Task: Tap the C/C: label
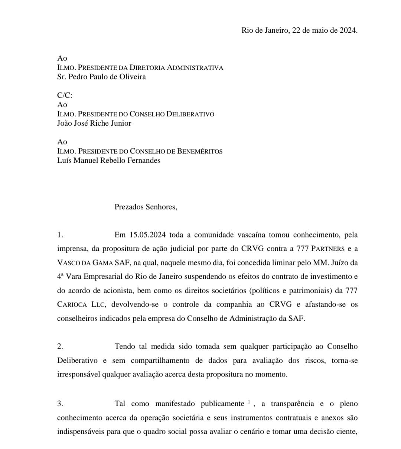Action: pos(65,96)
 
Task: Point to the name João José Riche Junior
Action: pos(94,123)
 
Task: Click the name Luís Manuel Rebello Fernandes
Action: pos(109,161)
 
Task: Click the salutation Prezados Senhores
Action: pos(146,207)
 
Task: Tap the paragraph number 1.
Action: pos(60,235)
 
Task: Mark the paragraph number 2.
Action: pos(60,346)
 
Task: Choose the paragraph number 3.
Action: pos(60,404)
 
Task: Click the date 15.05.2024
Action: pos(147,235)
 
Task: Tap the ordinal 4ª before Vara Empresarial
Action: pos(62,277)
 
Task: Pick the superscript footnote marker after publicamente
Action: pos(250,401)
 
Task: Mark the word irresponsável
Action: pos(80,374)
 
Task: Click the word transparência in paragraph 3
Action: pos(292,404)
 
